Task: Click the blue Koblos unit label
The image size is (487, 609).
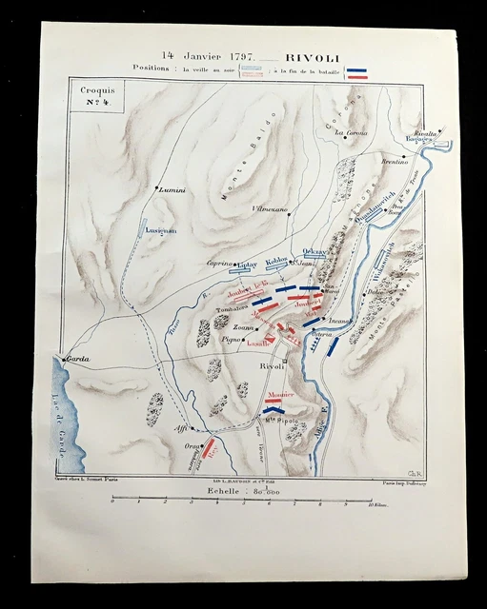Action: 276,260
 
